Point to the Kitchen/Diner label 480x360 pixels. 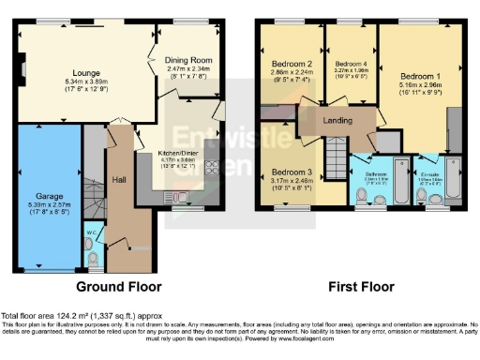point(178,160)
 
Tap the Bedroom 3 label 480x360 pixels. point(289,172)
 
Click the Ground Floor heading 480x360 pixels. point(118,287)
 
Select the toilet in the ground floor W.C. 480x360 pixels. point(91,258)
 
